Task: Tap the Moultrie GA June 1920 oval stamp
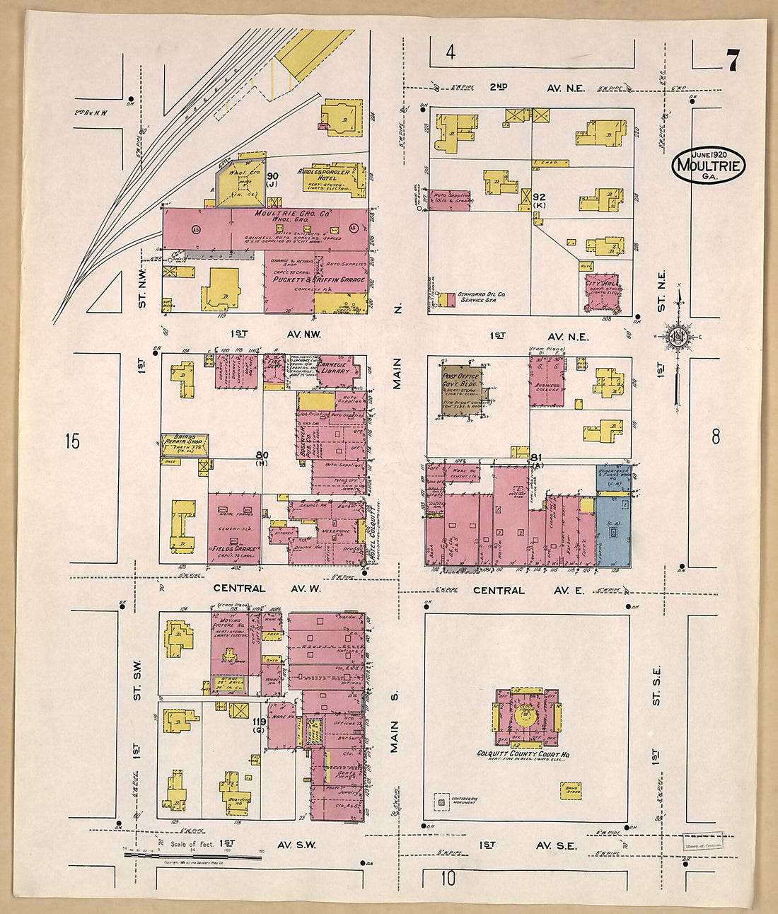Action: (x=709, y=166)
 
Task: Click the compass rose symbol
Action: (x=678, y=335)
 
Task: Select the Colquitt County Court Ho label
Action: (x=523, y=755)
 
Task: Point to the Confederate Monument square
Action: (x=442, y=802)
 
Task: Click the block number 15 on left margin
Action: (x=71, y=441)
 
